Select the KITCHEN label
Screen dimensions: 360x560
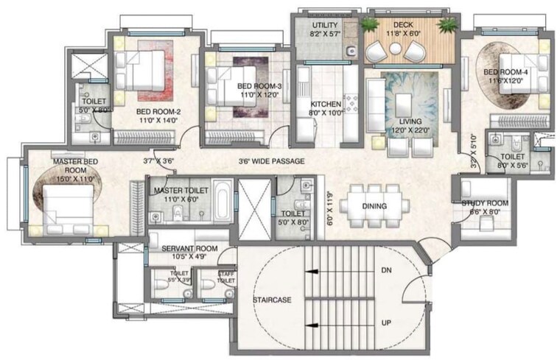(325, 104)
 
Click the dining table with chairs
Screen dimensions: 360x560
(374, 205)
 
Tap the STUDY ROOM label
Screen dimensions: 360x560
(485, 203)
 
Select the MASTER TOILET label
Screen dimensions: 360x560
(181, 190)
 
